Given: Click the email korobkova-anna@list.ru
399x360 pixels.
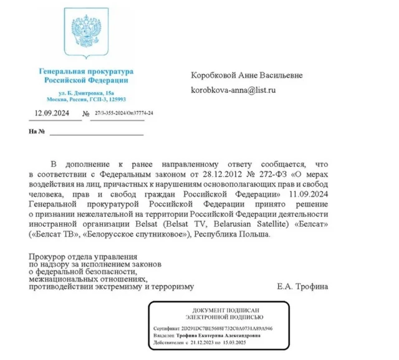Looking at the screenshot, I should pyautogui.click(x=233, y=90).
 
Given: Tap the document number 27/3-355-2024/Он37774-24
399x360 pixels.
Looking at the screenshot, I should pyautogui.click(x=123, y=113).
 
